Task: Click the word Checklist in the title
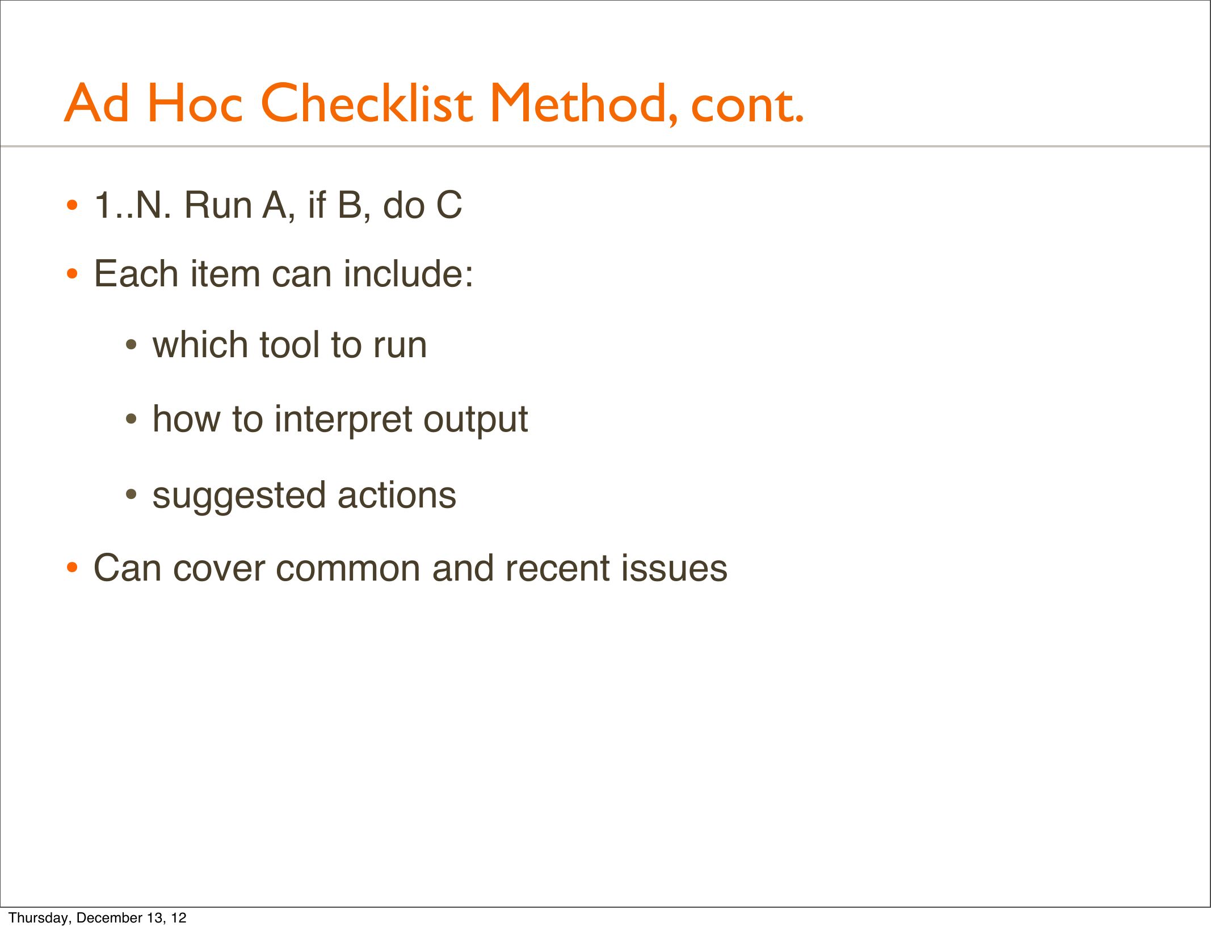pos(366,103)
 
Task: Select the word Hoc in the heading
pos(195,103)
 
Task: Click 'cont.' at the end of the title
pos(747,106)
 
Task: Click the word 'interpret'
pos(343,420)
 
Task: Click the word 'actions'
pos(397,496)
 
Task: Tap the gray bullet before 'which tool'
pos(131,345)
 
